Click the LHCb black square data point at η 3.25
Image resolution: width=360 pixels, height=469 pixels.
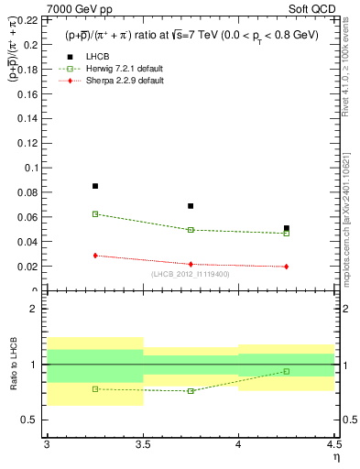(x=95, y=186)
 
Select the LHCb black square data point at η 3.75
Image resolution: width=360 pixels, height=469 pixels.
(x=191, y=206)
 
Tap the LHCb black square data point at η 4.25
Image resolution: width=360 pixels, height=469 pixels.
(x=287, y=228)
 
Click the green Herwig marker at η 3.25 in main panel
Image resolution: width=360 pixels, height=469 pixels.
(x=95, y=213)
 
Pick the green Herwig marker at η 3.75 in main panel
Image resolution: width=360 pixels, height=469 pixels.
(x=191, y=230)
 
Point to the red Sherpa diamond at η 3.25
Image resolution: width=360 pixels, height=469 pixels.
(x=95, y=256)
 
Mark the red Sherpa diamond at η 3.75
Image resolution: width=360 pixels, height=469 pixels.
(x=191, y=264)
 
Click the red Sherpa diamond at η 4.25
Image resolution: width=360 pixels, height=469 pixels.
(x=287, y=267)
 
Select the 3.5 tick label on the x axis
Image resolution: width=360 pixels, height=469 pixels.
(x=143, y=445)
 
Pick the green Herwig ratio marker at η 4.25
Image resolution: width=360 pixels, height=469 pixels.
(x=287, y=371)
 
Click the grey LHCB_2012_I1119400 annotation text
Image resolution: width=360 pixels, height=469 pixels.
(x=191, y=275)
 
